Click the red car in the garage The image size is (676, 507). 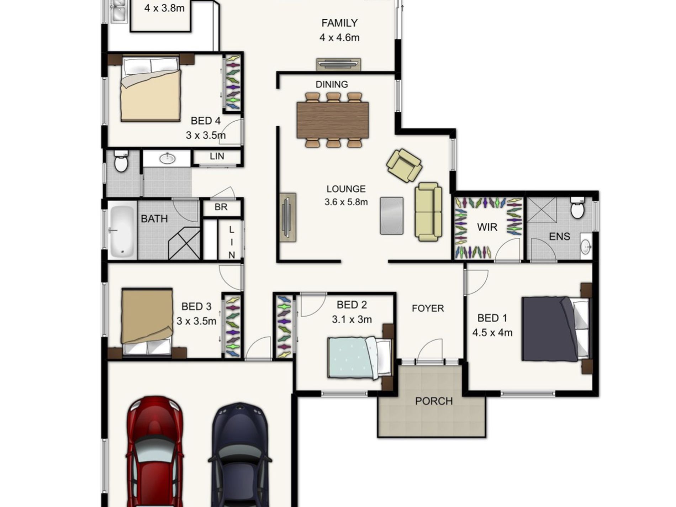tap(155, 455)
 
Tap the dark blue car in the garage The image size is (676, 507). tap(240, 459)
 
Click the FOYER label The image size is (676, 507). tap(428, 308)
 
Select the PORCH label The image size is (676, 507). tap(434, 401)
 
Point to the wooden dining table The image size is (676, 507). tap(332, 120)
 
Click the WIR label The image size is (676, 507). tap(487, 227)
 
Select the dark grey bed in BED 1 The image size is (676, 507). tap(555, 329)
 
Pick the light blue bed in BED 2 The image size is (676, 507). tap(358, 358)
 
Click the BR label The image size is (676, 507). tap(221, 207)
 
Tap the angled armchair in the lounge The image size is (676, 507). tap(404, 165)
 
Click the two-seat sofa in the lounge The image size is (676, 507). tap(428, 212)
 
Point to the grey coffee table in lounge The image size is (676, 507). tap(391, 216)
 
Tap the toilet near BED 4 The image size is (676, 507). tap(121, 162)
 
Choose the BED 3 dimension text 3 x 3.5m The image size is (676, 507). tap(196, 321)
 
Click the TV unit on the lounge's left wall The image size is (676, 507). tap(287, 217)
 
